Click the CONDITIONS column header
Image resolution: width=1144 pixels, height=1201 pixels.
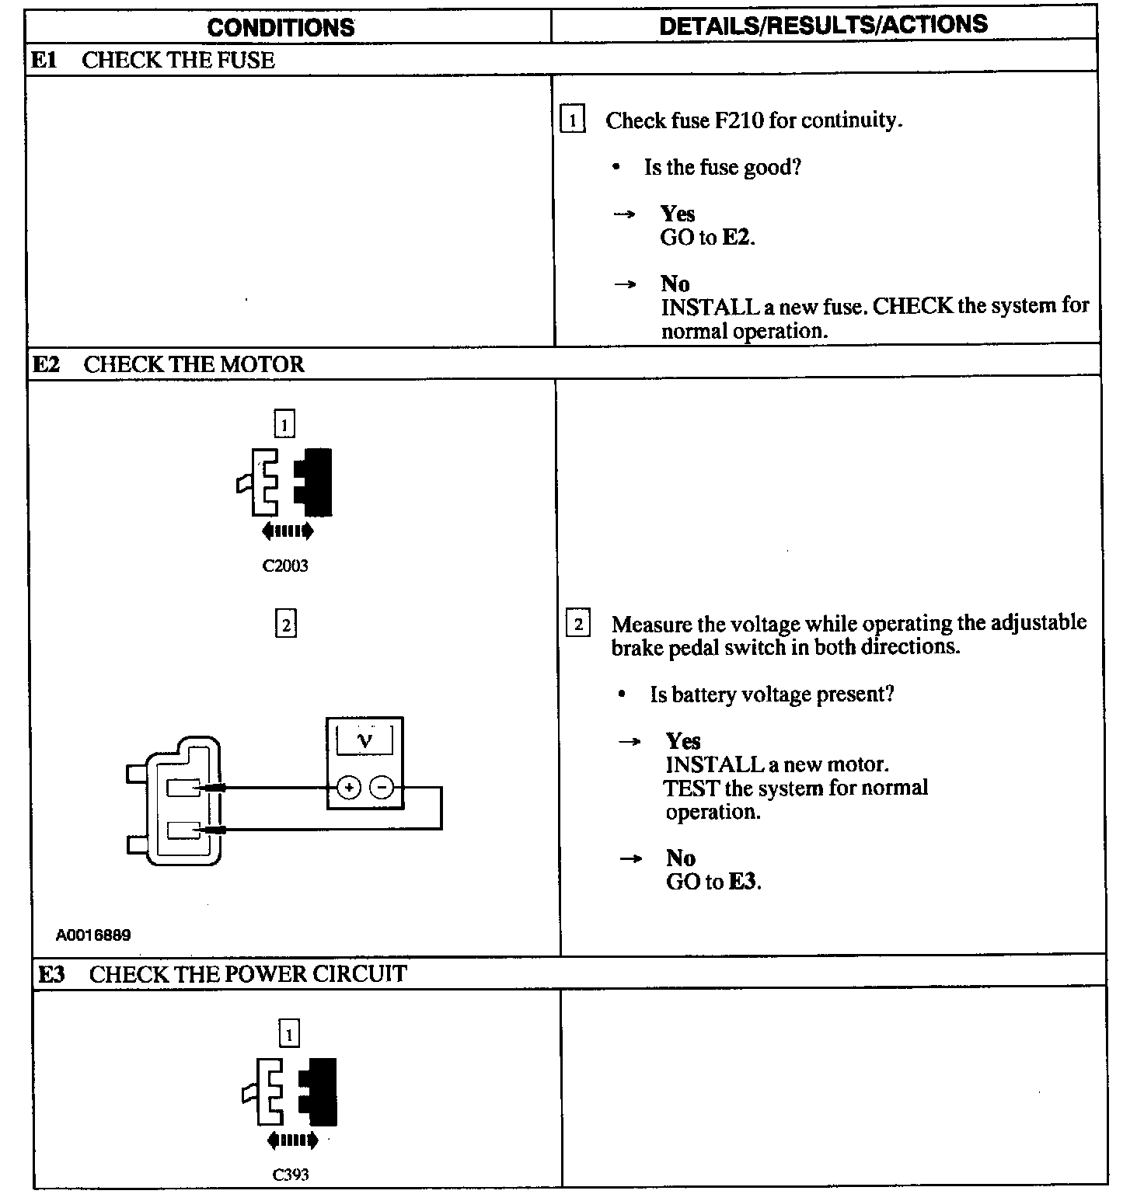[281, 27]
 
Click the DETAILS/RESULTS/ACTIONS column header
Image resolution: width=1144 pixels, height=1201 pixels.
[823, 25]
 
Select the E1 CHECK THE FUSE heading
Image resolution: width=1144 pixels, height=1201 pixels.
[152, 60]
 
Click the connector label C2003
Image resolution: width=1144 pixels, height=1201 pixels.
[285, 566]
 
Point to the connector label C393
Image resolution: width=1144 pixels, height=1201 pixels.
[291, 1175]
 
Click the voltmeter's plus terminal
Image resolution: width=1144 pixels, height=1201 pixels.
[349, 788]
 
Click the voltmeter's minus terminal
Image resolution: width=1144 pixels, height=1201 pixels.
[382, 788]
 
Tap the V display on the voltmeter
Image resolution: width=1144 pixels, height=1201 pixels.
[364, 740]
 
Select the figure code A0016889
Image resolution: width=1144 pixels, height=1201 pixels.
[93, 935]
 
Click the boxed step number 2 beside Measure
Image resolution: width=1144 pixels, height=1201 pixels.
[577, 625]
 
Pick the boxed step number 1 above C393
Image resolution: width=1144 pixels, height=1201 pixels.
[289, 1034]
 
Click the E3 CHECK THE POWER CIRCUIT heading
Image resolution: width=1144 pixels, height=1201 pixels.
[221, 973]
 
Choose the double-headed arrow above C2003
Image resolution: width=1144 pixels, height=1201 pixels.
[288, 531]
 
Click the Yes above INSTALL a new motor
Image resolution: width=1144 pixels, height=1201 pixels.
[682, 740]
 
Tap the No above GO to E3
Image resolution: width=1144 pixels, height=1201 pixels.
[681, 858]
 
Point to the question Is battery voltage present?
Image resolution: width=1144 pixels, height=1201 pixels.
[772, 694]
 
